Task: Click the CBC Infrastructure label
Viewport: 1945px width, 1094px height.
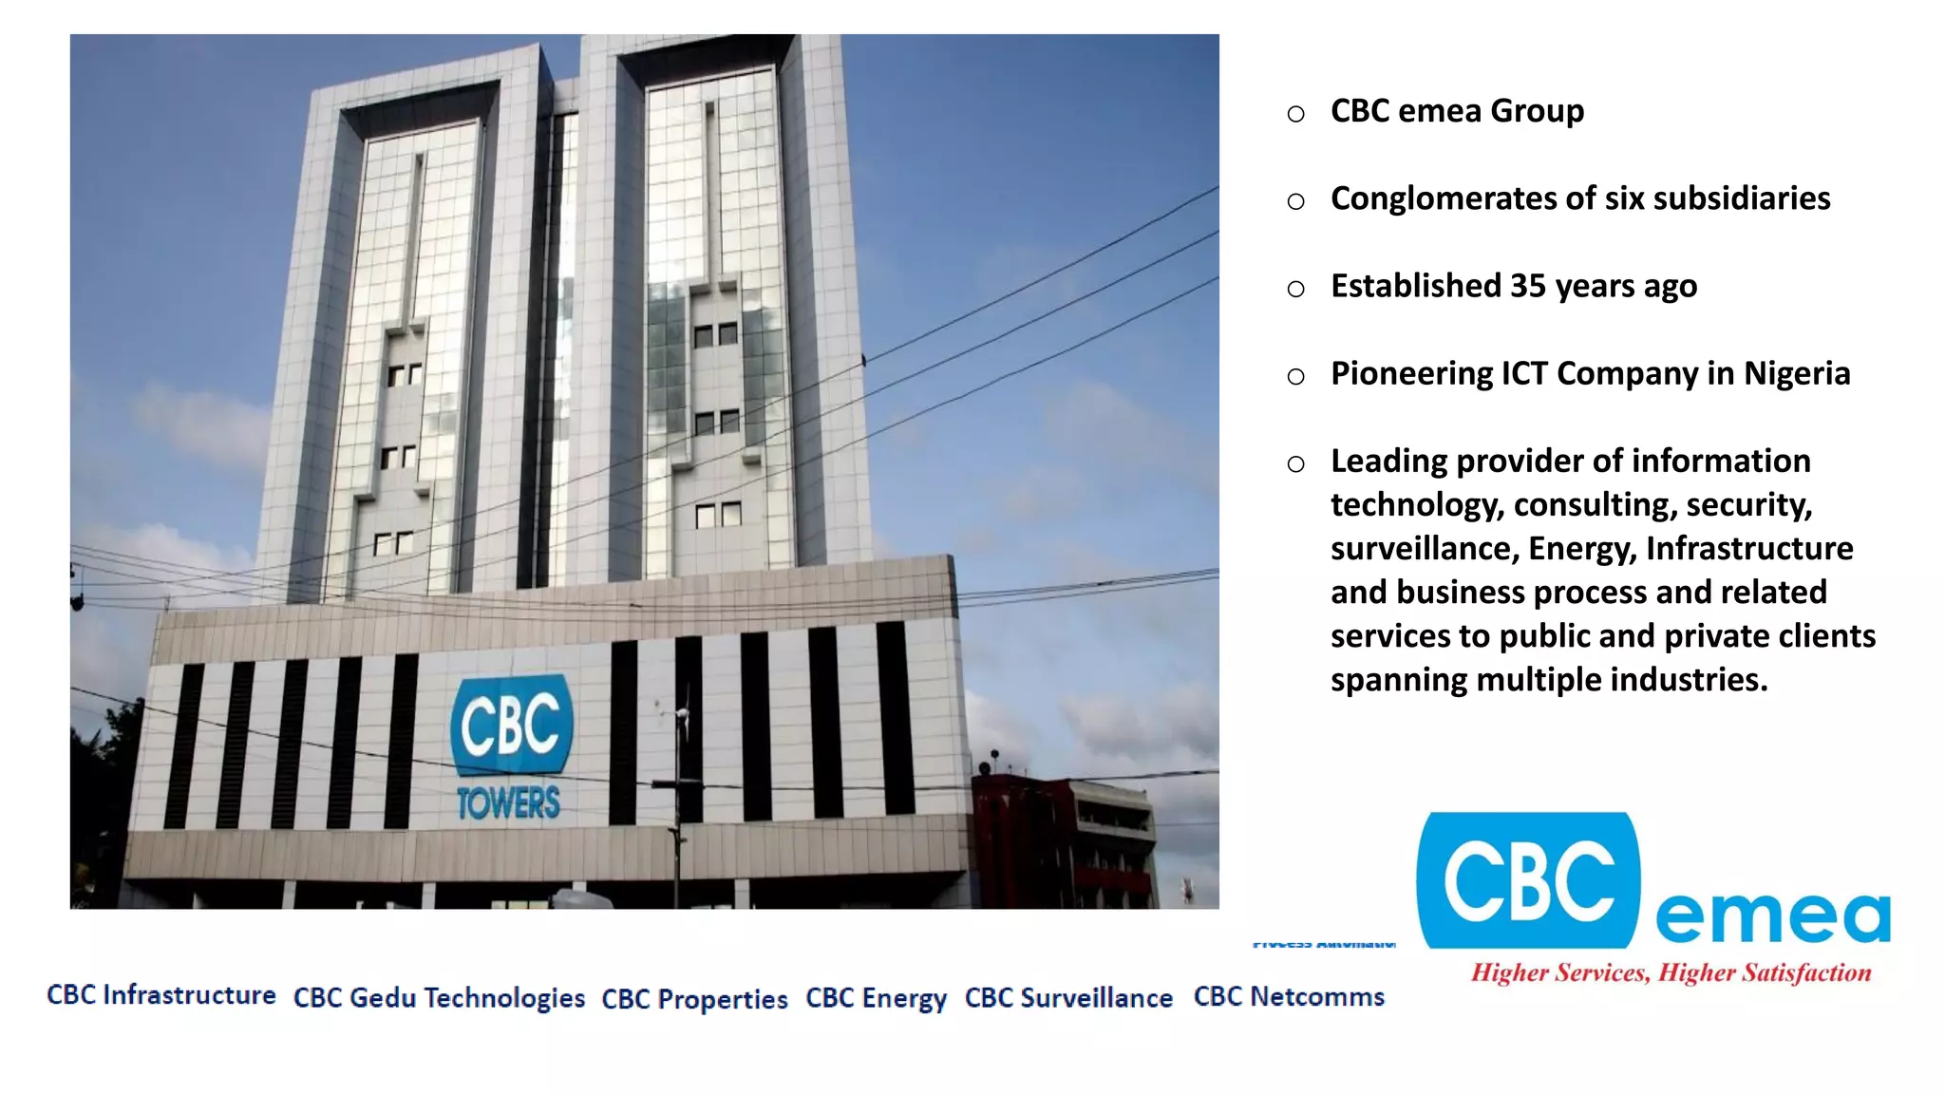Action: click(x=161, y=994)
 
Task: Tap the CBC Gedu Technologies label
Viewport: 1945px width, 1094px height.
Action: click(x=439, y=997)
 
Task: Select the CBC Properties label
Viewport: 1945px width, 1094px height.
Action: click(x=694, y=999)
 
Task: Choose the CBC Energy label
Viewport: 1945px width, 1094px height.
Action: click(x=876, y=998)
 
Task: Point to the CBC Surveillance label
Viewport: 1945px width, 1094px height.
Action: click(x=1068, y=997)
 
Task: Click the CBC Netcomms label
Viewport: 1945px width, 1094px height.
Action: click(x=1289, y=996)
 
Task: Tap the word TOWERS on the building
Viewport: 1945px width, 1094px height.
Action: click(x=509, y=803)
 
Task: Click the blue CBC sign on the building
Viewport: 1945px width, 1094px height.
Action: click(x=511, y=725)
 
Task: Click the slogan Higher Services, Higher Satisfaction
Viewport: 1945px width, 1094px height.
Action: click(x=1671, y=972)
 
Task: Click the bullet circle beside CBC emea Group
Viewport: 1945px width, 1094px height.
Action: click(x=1295, y=114)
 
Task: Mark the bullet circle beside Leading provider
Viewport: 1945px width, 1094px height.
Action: click(x=1295, y=464)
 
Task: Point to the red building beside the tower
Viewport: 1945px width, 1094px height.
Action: click(x=1064, y=836)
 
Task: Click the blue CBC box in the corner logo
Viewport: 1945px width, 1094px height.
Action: click(x=1527, y=880)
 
